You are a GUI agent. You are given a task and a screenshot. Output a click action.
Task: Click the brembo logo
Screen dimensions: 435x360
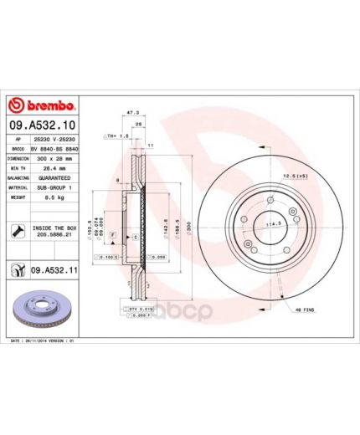tap(43, 105)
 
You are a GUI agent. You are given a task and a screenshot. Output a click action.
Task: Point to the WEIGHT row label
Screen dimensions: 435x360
tap(18, 197)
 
